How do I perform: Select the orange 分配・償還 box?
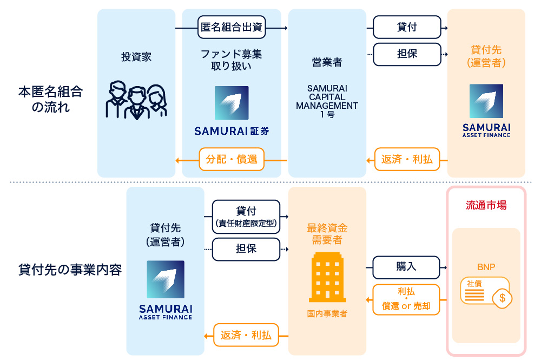point(232,160)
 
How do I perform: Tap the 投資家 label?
point(136,57)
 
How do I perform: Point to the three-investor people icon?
point(136,100)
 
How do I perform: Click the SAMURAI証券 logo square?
point(232,103)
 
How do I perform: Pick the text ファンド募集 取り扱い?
point(232,60)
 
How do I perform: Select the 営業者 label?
point(327,62)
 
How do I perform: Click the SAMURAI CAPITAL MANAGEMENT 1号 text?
point(327,101)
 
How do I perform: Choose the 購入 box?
point(406,267)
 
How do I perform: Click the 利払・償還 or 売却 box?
point(406,299)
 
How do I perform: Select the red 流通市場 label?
point(486,206)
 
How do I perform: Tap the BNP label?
point(486,267)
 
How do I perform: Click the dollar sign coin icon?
point(503,298)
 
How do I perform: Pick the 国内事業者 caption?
point(327,313)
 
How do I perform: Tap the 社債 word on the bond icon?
point(474,284)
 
